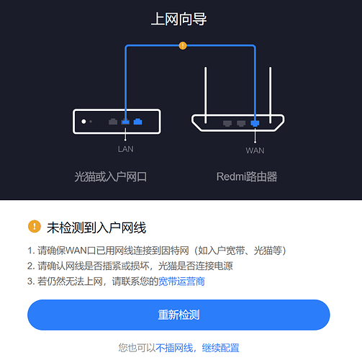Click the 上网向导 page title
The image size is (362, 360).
pos(179,19)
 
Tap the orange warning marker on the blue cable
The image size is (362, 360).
pos(183,45)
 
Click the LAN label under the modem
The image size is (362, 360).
pos(125,149)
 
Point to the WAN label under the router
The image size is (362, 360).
pos(255,150)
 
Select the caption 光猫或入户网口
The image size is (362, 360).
pos(110,177)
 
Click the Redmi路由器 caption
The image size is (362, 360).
pos(247,176)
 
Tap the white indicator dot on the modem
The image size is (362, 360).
pos(83,122)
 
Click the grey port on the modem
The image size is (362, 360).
pos(113,122)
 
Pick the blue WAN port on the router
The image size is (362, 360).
pos(255,123)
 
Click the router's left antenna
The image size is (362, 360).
pos(205,95)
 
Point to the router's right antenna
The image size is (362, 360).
pos(271,95)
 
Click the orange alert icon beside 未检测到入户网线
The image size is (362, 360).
pos(35,226)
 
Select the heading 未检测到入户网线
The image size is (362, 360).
pos(96,228)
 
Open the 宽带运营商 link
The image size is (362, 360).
pos(181,282)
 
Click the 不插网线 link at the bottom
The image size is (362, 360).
pos(174,348)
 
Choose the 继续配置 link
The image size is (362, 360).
pos(220,348)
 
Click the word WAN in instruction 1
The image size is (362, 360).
pos(76,251)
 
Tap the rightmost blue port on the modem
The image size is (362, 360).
pos(137,122)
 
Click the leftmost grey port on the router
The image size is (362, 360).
pos(227,123)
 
